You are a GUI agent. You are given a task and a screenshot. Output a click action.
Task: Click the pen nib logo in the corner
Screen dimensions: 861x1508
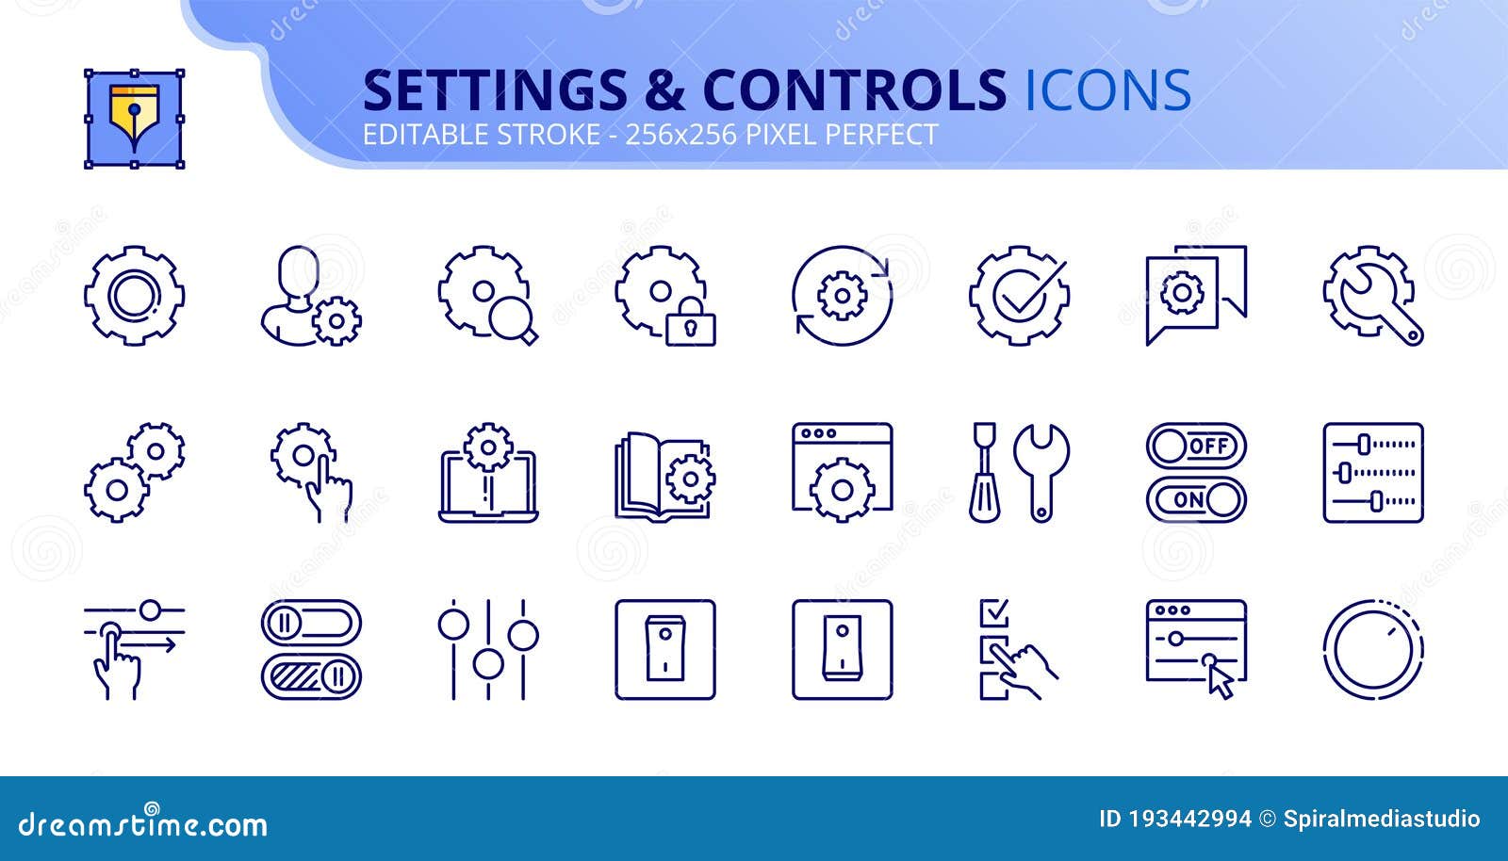(134, 118)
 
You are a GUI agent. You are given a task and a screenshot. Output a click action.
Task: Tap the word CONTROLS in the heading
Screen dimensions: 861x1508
(854, 91)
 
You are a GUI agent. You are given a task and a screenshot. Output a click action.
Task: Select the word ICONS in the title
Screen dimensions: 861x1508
(1107, 91)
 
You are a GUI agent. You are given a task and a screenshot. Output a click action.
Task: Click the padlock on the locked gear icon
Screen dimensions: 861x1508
(690, 325)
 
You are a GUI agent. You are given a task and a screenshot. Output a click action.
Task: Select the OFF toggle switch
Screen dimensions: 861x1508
(1196, 446)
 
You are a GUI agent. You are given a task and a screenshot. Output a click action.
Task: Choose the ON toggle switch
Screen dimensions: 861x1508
(1196, 499)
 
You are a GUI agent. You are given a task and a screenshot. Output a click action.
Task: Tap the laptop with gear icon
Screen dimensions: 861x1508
(488, 473)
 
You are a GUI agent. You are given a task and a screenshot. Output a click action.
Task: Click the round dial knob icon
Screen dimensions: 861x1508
(1373, 650)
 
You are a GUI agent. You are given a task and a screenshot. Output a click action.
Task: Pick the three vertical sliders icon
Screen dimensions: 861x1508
(488, 650)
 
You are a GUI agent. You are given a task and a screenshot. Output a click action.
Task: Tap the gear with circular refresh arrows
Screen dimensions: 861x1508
(842, 296)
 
